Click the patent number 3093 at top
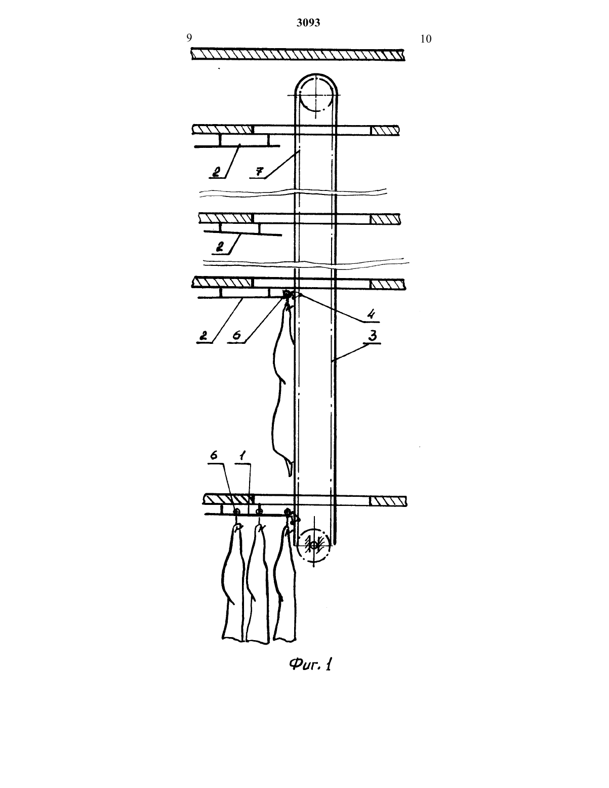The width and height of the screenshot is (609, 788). pyautogui.click(x=308, y=22)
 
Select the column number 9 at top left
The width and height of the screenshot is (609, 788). pyautogui.click(x=189, y=37)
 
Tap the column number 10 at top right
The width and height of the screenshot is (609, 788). pyautogui.click(x=426, y=39)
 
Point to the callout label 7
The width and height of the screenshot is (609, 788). pyautogui.click(x=259, y=171)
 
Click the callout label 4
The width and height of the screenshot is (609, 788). pyautogui.click(x=371, y=313)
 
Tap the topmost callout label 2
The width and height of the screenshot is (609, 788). pyautogui.click(x=216, y=172)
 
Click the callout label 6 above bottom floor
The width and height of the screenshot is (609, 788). pyautogui.click(x=214, y=455)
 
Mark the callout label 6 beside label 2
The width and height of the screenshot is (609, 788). pyautogui.click(x=236, y=335)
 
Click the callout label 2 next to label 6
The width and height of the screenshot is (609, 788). pyautogui.click(x=204, y=336)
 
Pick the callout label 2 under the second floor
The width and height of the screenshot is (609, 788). pyautogui.click(x=220, y=248)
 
